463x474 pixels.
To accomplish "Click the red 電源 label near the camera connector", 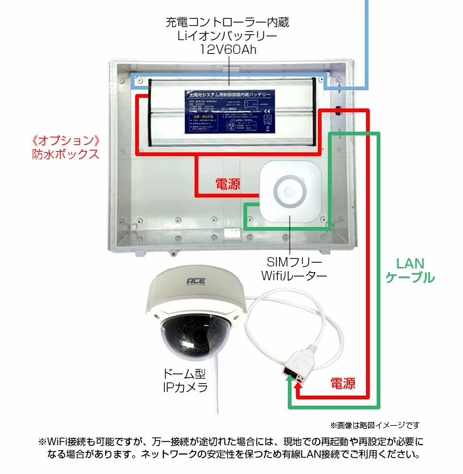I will coord(342,382).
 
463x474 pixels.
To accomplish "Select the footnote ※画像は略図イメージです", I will coord(374,425).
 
